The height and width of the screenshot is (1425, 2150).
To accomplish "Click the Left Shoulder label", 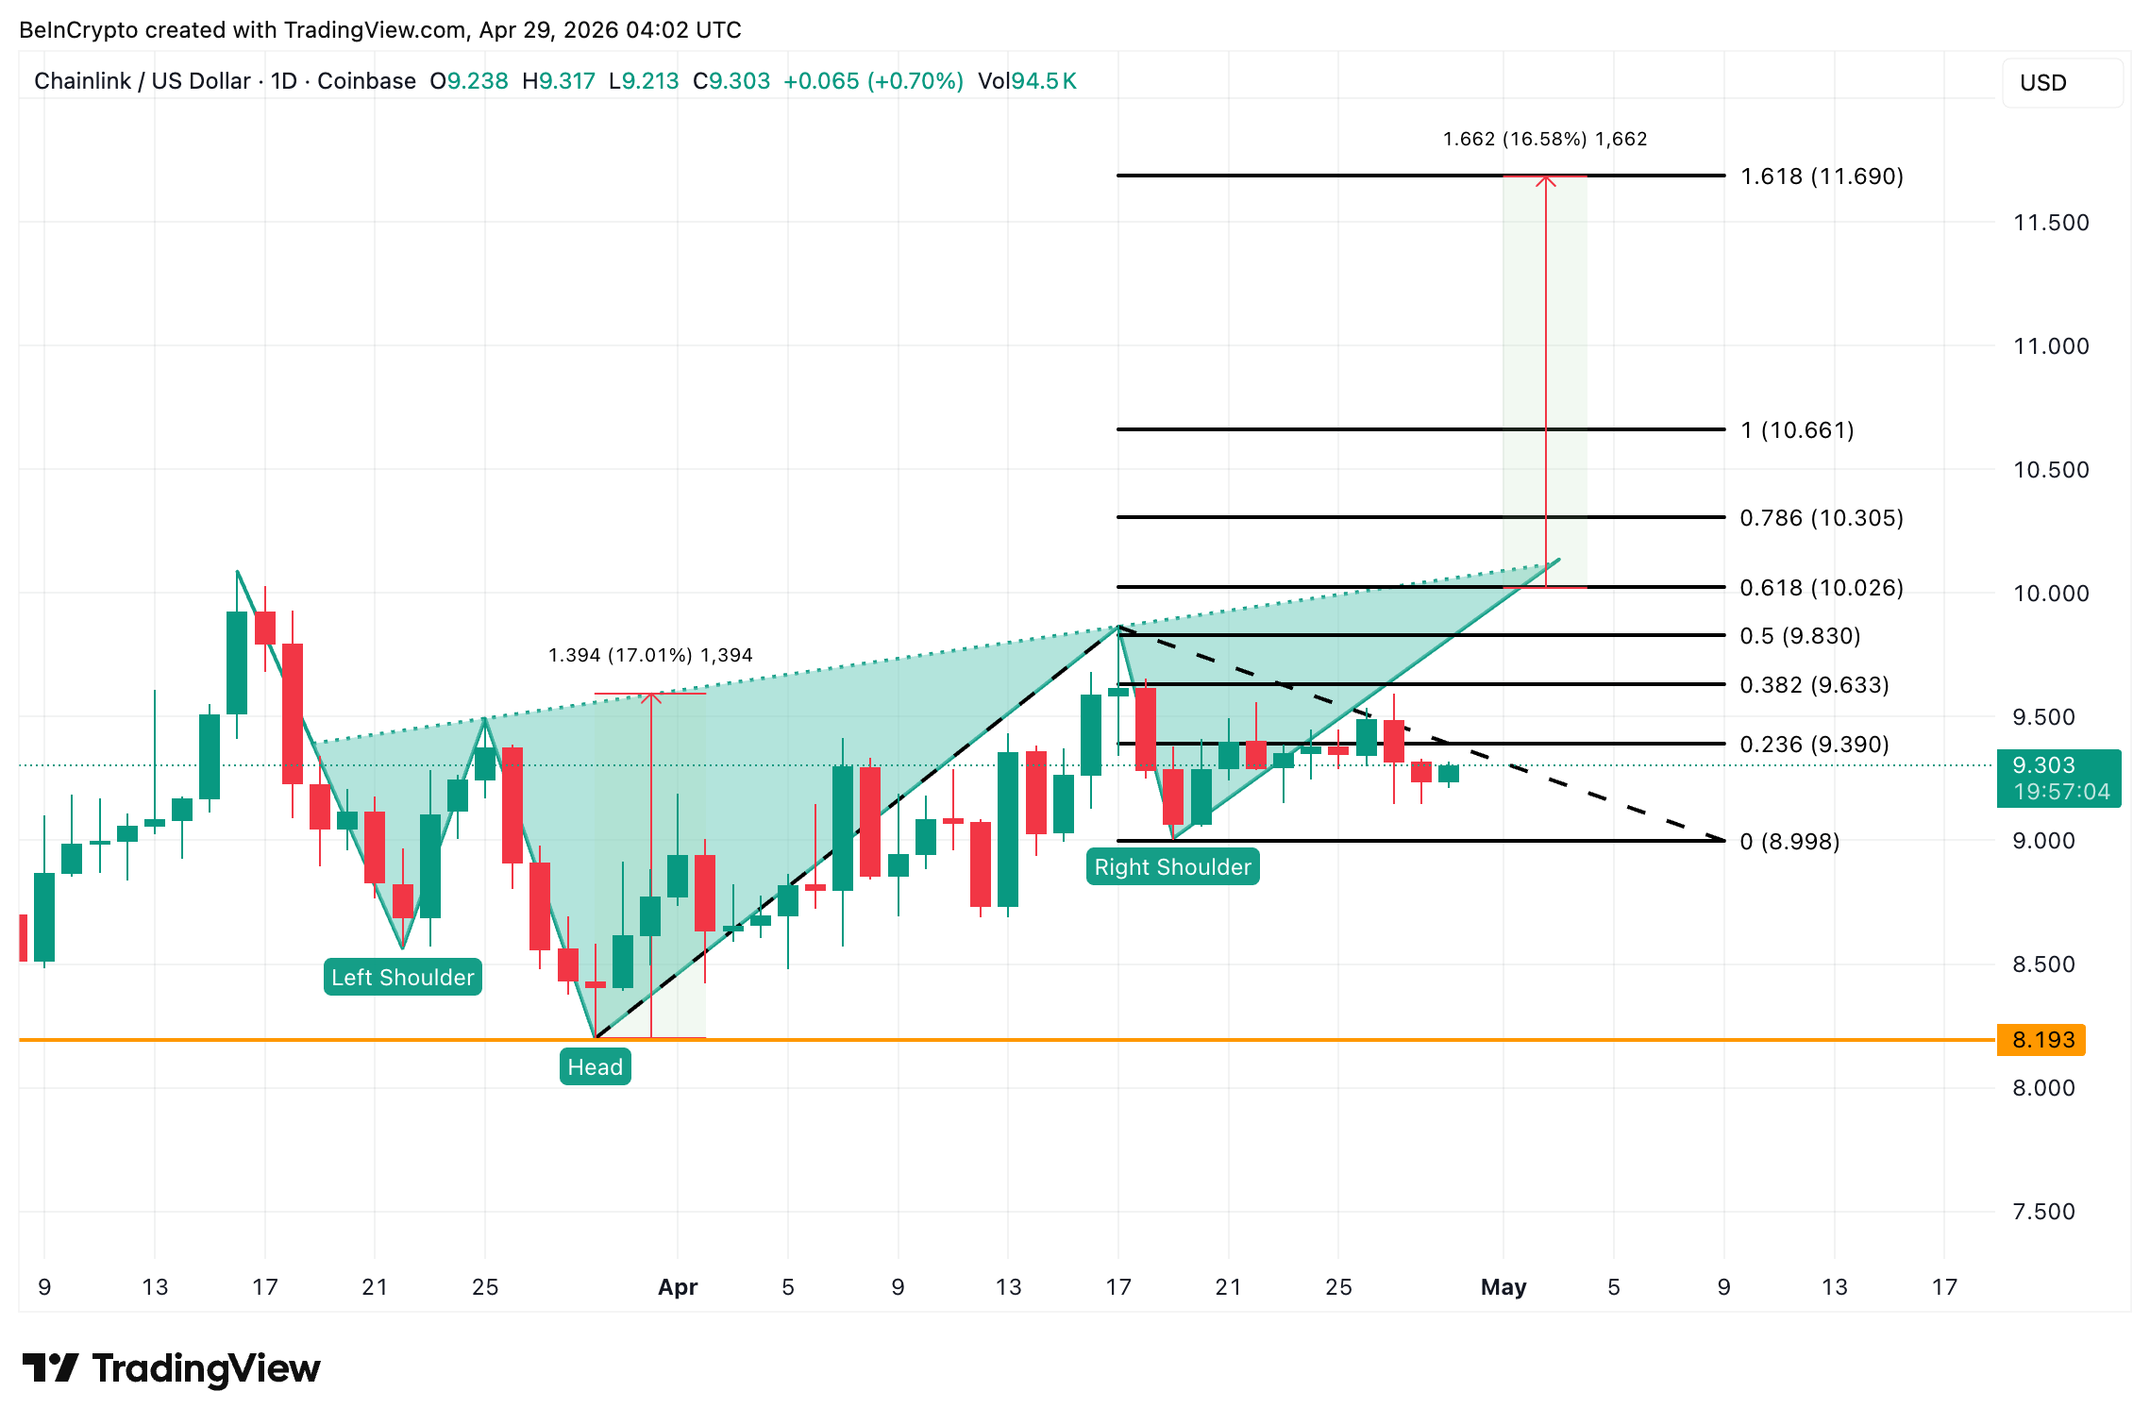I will [x=403, y=977].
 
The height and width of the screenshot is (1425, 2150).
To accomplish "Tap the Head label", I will [x=595, y=1066].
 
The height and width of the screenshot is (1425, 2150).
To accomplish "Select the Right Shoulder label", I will [x=1172, y=866].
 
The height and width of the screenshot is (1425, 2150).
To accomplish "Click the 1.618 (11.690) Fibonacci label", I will [x=1821, y=176].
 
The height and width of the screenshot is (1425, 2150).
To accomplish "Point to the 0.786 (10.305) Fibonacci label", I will [x=1821, y=518].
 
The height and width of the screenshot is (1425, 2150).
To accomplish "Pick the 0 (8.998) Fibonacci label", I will [x=1789, y=841].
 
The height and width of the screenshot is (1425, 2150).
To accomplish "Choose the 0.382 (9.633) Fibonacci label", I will [x=1813, y=685].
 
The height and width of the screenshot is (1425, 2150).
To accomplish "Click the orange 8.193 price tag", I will [x=2042, y=1040].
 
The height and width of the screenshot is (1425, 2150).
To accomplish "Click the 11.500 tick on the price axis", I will [x=2050, y=223].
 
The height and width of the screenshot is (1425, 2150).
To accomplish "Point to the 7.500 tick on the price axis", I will [x=2042, y=1212].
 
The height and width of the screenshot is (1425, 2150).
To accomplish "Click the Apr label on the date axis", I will [x=678, y=1287].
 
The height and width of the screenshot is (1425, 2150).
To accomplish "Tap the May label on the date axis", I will [x=1503, y=1287].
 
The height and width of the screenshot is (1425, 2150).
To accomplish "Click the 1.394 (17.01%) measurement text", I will [x=650, y=655].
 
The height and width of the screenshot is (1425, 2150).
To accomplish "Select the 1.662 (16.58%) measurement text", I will [x=1544, y=139].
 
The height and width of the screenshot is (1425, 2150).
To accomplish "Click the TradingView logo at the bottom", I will [x=171, y=1368].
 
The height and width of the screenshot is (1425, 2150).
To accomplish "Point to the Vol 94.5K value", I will [x=1027, y=81].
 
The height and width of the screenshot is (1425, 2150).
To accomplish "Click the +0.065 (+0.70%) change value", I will [x=873, y=81].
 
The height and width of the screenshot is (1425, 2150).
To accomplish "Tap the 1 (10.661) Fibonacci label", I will [x=1796, y=430].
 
